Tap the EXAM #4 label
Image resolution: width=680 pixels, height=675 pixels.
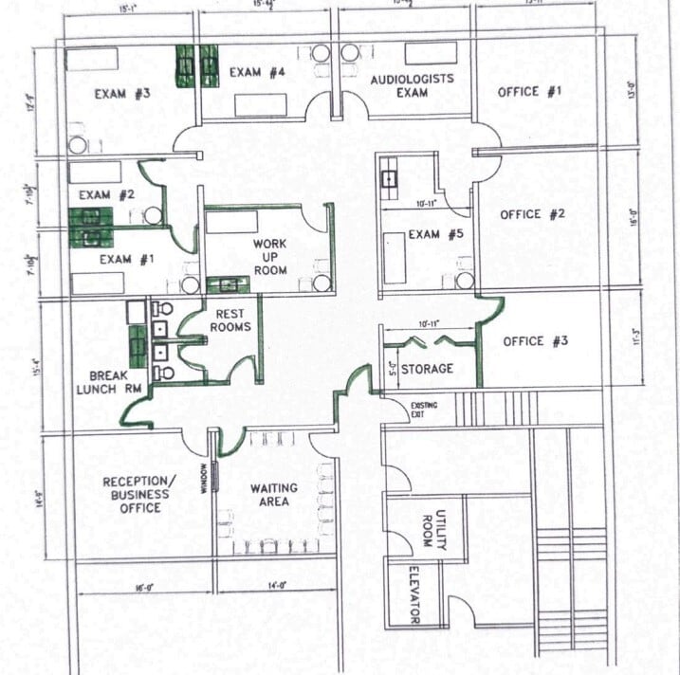tap(257, 72)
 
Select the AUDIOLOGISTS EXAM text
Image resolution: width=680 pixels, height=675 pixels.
tap(412, 85)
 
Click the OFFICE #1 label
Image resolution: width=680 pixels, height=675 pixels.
tap(530, 92)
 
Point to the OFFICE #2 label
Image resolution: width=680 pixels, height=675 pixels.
tap(532, 214)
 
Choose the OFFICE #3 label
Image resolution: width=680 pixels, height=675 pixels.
tap(536, 341)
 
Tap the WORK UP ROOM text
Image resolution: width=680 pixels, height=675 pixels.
tap(269, 257)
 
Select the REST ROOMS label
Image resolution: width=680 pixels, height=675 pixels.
tap(233, 320)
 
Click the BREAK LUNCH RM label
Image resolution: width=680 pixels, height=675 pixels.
tap(109, 382)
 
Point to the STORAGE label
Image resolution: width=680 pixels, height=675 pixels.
tap(426, 368)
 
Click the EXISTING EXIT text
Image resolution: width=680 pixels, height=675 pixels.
tap(424, 410)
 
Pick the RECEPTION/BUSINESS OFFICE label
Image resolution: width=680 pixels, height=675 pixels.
tap(138, 494)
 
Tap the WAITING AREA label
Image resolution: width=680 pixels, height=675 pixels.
tap(273, 494)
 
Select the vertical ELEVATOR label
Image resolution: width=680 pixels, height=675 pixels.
tap(414, 594)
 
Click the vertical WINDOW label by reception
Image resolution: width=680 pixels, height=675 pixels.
tap(204, 475)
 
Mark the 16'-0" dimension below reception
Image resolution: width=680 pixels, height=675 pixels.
tap(144, 588)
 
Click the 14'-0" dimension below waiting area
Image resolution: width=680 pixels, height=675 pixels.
tap(276, 588)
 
